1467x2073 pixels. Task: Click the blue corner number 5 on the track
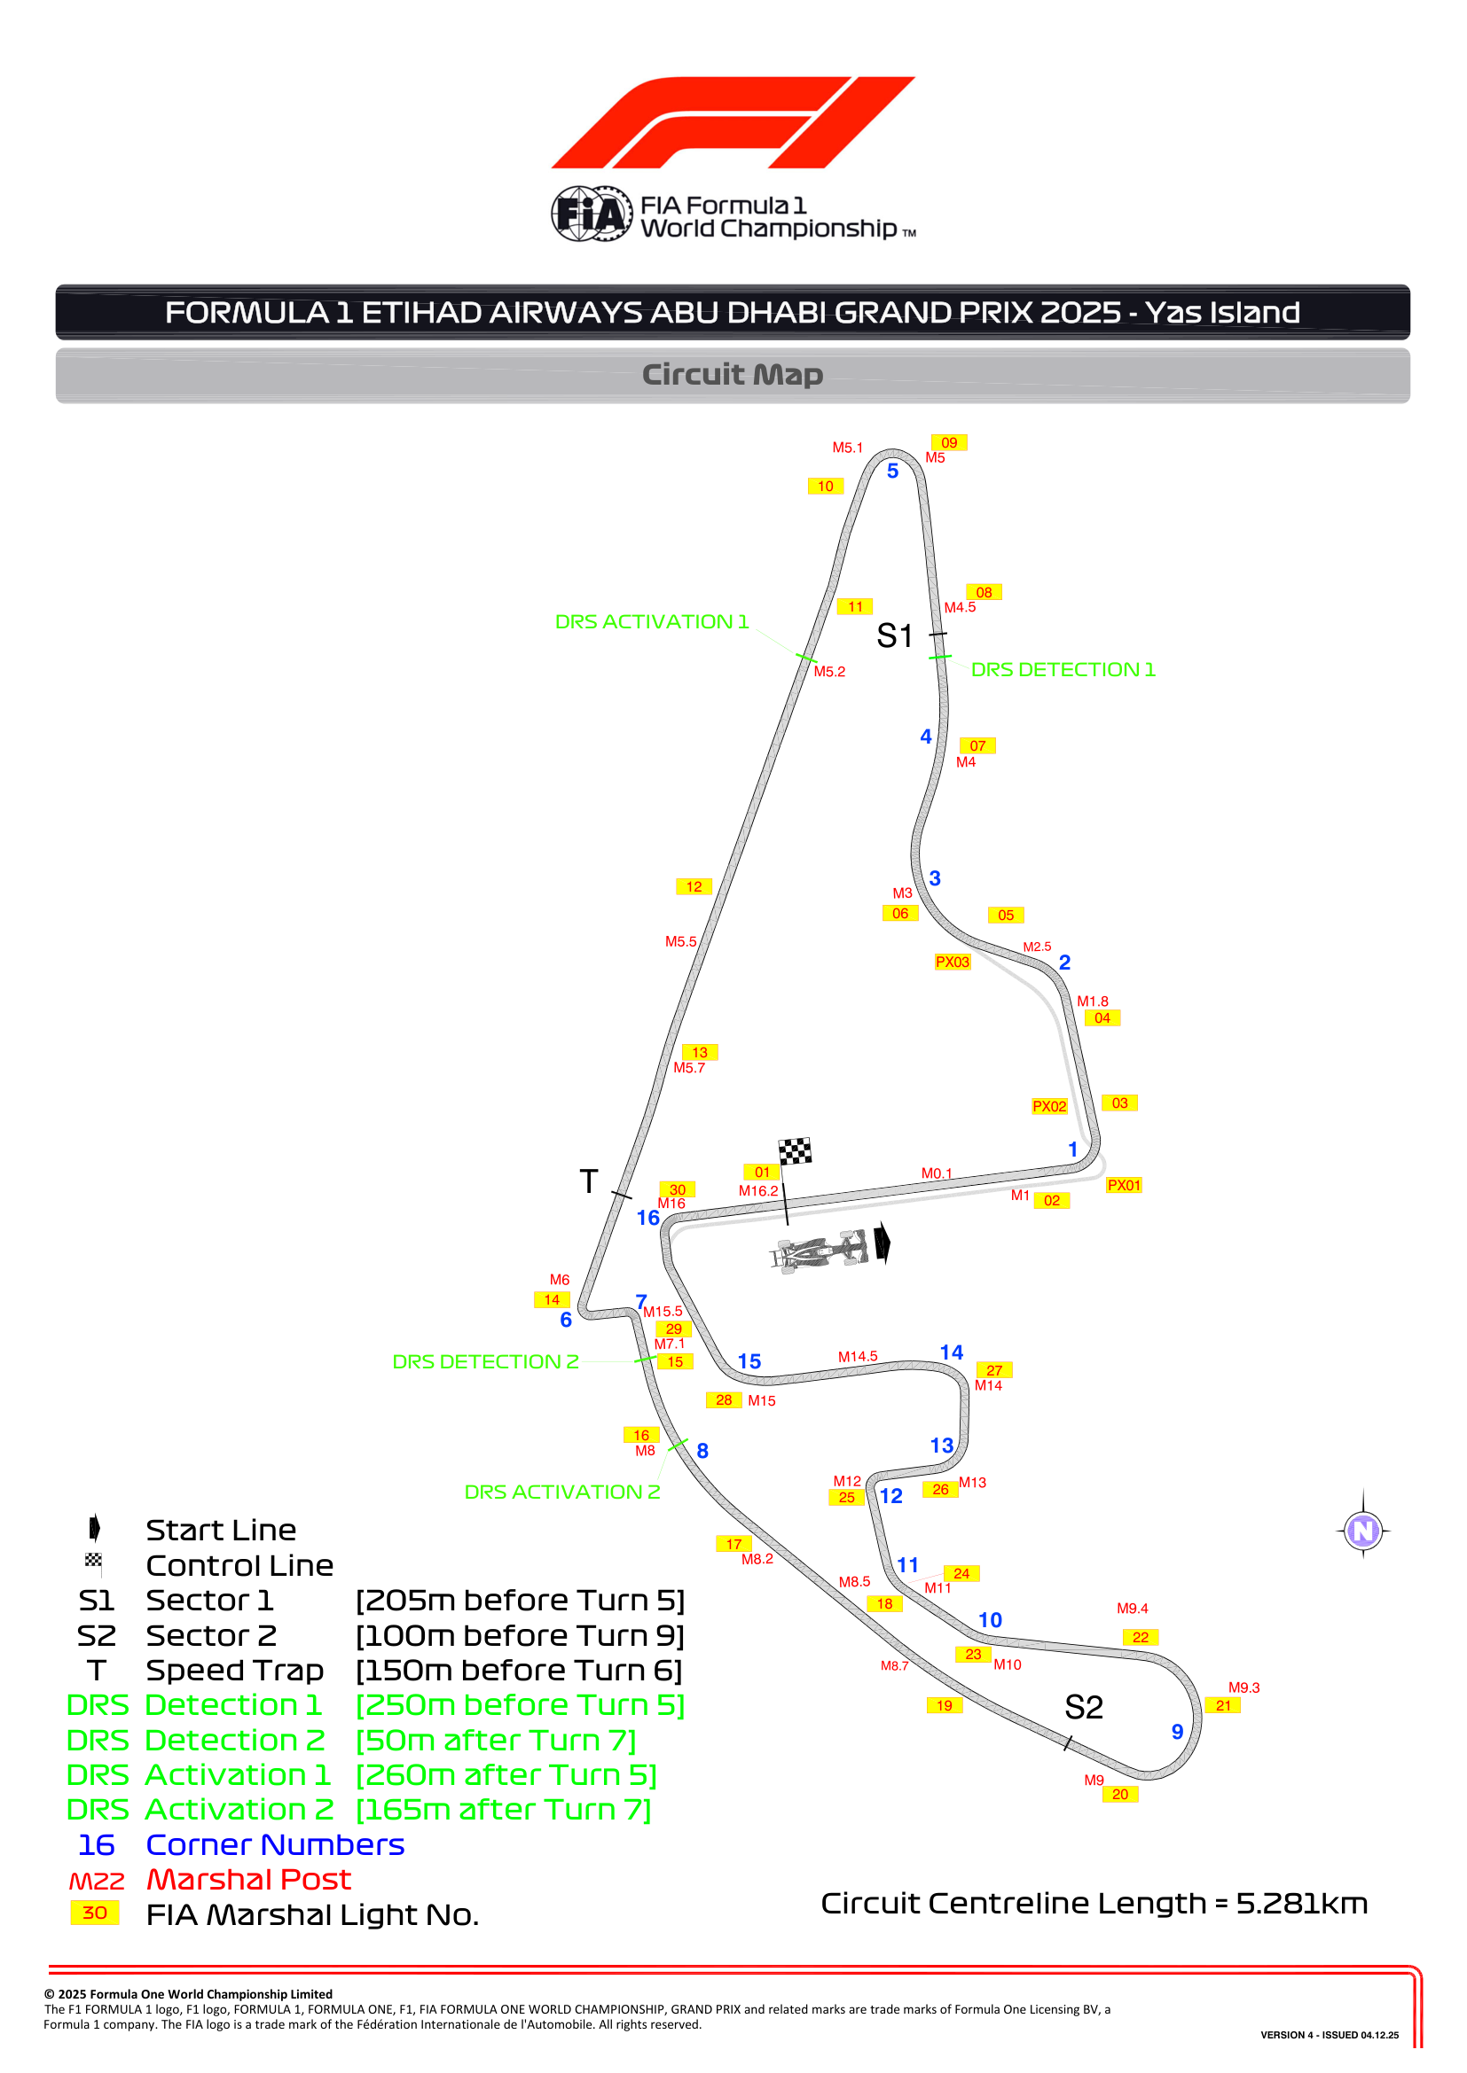point(892,471)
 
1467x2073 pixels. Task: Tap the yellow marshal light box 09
point(948,442)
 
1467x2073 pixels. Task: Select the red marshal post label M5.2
point(829,672)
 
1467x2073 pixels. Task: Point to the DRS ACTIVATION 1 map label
point(651,621)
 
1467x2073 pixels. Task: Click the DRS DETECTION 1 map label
point(1063,669)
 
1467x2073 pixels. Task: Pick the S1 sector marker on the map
point(894,635)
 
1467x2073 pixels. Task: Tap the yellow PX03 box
point(952,962)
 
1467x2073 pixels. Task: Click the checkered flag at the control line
point(795,1151)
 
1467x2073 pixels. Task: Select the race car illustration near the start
point(820,1251)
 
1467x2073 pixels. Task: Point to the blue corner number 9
point(1177,1732)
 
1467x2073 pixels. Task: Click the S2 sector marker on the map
point(1083,1707)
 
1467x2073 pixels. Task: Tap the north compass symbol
point(1363,1531)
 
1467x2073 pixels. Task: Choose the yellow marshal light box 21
point(1223,1705)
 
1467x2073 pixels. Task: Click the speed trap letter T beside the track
point(589,1181)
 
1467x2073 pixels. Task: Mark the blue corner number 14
point(951,1352)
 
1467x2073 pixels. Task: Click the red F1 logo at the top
point(733,122)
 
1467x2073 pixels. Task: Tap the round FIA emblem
point(592,214)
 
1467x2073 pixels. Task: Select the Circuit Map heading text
point(733,374)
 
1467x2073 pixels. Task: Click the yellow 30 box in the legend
point(95,1913)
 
